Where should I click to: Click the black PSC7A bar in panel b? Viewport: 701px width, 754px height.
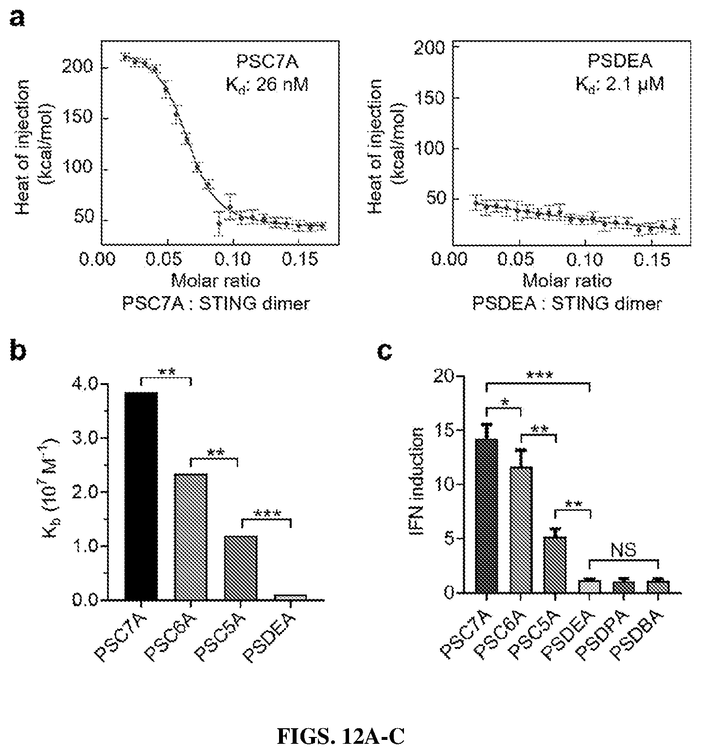tap(141, 496)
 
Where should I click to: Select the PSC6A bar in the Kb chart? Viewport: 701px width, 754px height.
tap(191, 537)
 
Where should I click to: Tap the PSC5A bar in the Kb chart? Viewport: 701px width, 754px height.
tap(241, 568)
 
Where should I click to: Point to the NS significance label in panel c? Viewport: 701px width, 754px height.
tap(624, 550)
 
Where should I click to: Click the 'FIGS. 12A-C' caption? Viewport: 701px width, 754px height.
tap(341, 737)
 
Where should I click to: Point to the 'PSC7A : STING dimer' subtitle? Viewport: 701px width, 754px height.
tap(216, 304)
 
